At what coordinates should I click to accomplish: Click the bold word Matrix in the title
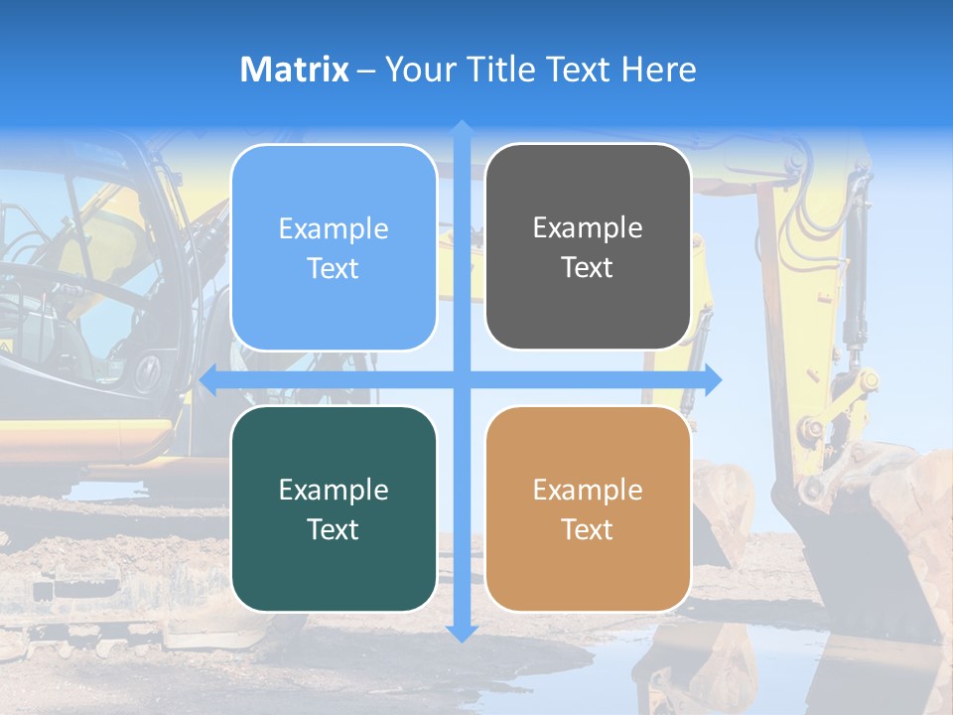[295, 70]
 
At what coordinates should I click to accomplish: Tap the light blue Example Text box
[334, 248]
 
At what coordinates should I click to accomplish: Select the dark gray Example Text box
[588, 247]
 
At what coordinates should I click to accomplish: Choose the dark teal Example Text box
[334, 508]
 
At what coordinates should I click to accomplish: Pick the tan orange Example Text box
[588, 508]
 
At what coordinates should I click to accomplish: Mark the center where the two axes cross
[462, 380]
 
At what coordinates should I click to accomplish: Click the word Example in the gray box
[588, 228]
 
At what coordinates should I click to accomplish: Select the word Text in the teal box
[334, 529]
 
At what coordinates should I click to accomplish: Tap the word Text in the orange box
[588, 529]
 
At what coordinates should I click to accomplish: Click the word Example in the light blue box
[334, 229]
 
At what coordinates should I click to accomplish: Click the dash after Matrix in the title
[366, 71]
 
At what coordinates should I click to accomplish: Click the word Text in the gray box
[588, 268]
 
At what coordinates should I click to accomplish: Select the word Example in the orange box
[588, 490]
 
